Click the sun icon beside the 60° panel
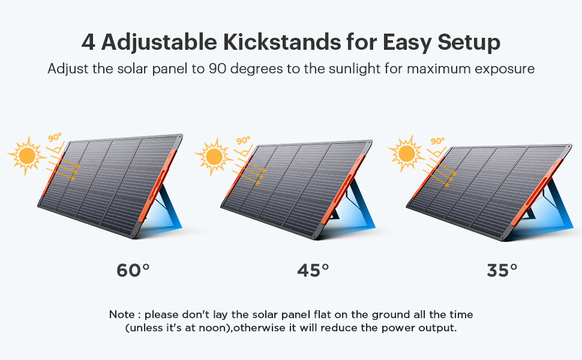point(27,155)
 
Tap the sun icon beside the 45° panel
point(214,157)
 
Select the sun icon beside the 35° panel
point(406,154)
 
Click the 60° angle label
point(133,270)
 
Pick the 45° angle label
point(313,270)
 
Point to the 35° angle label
point(502,270)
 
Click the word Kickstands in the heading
point(282,42)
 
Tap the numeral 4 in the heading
point(88,43)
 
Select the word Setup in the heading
point(469,43)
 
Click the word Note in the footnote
point(122,315)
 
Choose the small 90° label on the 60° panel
point(55,137)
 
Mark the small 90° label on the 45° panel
point(243,140)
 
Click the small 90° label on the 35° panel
point(437,141)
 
